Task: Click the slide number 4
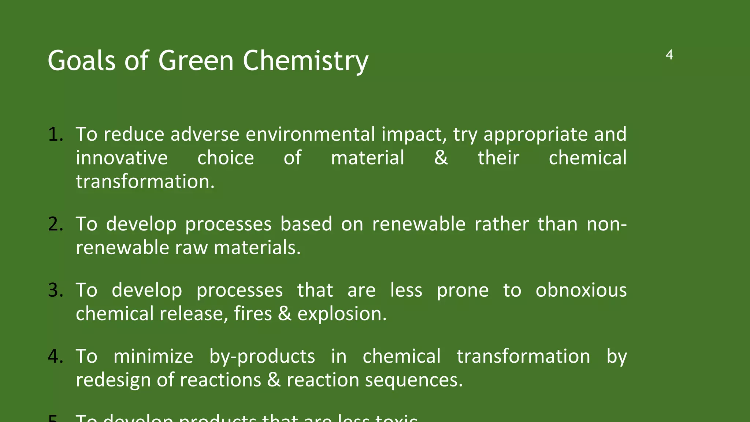tap(669, 55)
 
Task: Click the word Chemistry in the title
tap(305, 61)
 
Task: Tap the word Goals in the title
tap(82, 61)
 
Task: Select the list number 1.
tap(55, 134)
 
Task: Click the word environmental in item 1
tap(310, 134)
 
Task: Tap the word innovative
tap(122, 158)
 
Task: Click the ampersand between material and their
tap(441, 158)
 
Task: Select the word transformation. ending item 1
tap(145, 182)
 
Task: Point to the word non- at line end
tap(606, 224)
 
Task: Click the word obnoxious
tap(581, 290)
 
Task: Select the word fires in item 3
tap(253, 314)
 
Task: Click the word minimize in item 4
tap(153, 356)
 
